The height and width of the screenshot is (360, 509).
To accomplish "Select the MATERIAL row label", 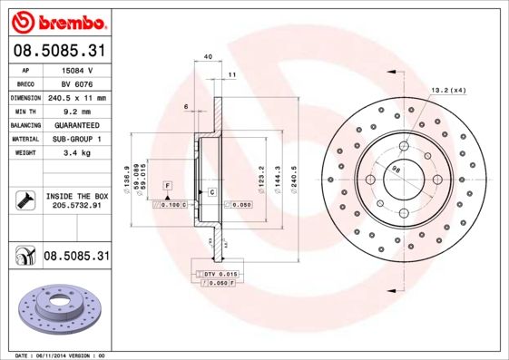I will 24,139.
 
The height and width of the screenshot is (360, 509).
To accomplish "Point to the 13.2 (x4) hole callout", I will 447,90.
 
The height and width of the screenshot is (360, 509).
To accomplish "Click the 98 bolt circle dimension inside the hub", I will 396,169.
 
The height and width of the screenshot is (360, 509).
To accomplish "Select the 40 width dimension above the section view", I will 208,57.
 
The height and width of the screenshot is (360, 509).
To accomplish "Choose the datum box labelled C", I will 211,193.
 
